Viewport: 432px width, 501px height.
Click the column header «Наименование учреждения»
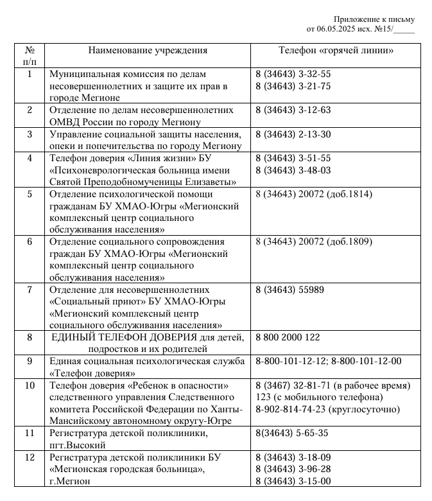148,50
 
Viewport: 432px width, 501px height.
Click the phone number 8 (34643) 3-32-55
293,74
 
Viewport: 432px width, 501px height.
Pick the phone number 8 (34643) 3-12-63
293,110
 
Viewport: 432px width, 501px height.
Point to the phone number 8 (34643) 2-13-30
293,134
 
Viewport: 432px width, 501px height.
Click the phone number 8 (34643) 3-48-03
293,170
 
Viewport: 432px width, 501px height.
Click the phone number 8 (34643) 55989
289,290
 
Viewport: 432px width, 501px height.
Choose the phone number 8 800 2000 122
288,337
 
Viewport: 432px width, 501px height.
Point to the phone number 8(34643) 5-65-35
291,433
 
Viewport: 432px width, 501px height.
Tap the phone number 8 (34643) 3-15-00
293,480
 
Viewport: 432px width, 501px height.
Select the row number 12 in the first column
30,457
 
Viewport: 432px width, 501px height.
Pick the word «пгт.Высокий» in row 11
78,444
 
